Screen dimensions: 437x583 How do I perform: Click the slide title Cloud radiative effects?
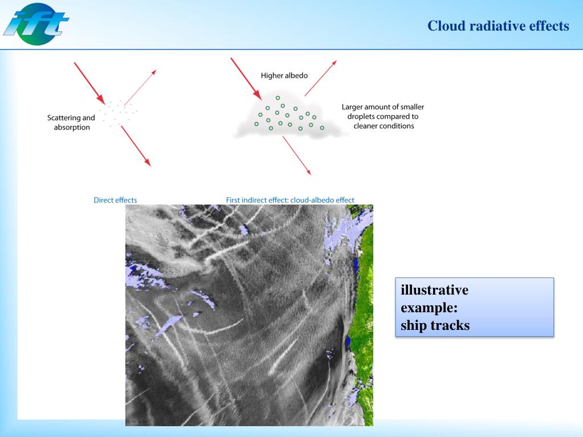[x=498, y=26]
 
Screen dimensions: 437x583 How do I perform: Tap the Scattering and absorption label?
[x=71, y=122]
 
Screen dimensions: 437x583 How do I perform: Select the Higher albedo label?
[x=284, y=75]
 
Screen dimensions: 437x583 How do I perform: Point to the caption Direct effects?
[x=115, y=200]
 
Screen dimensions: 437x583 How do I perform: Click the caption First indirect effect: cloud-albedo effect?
[x=290, y=200]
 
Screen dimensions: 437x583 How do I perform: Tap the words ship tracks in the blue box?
[x=435, y=326]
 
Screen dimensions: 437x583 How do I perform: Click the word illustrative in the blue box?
[x=434, y=290]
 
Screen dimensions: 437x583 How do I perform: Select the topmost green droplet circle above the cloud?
[x=278, y=97]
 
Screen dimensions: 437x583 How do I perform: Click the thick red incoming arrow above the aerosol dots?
[x=88, y=81]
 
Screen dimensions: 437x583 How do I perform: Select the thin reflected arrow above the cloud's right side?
[x=320, y=78]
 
